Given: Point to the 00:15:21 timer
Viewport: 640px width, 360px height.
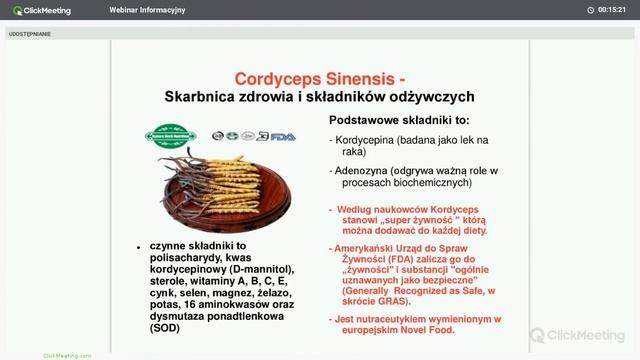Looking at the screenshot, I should coord(612,10).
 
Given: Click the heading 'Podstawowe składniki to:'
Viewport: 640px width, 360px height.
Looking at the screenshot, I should coord(398,119).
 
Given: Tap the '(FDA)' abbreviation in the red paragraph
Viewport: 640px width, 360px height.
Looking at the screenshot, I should coord(388,260).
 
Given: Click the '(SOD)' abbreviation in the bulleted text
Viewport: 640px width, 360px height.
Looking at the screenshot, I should coord(167,328).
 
